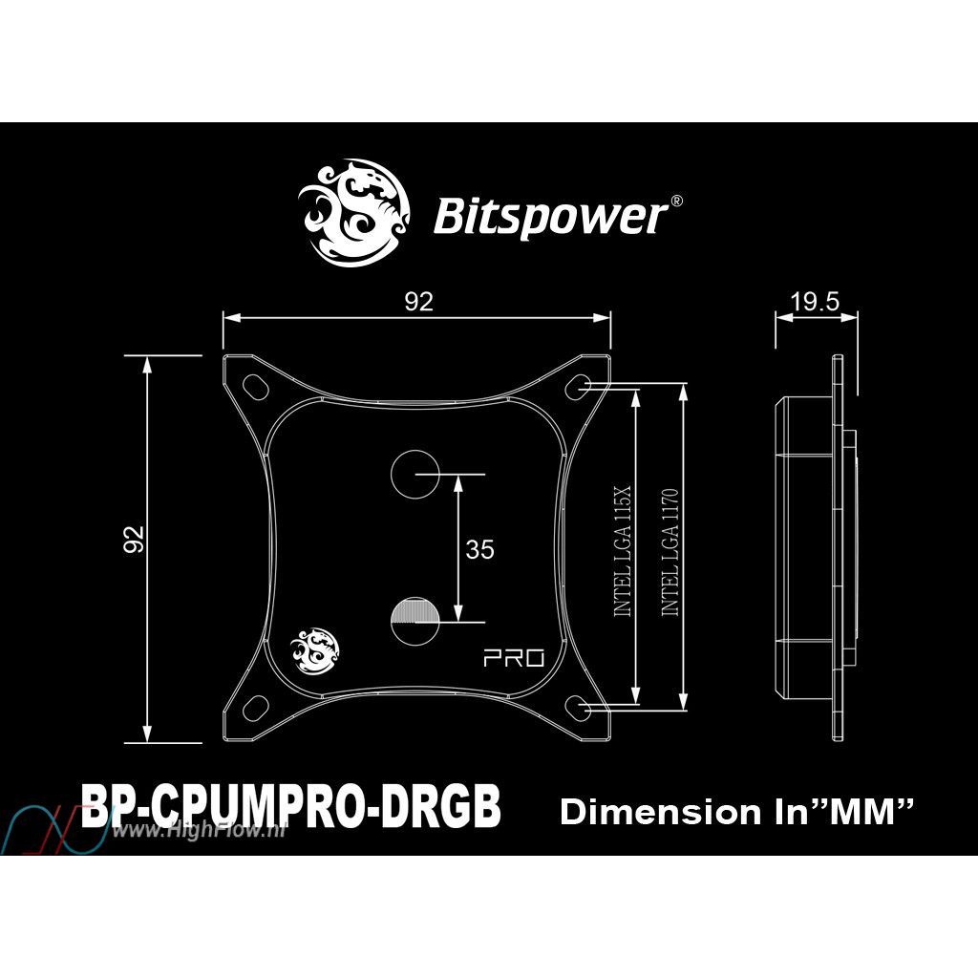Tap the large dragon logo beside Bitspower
[353, 213]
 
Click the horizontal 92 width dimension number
[418, 302]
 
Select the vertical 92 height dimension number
[134, 540]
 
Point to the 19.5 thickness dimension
[816, 302]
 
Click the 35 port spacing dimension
[479, 549]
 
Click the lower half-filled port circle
[415, 622]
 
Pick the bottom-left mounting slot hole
[254, 708]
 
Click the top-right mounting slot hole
[578, 385]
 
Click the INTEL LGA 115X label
[623, 551]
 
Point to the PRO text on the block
[514, 658]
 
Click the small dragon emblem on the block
[315, 650]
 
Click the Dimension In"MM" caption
[736, 812]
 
